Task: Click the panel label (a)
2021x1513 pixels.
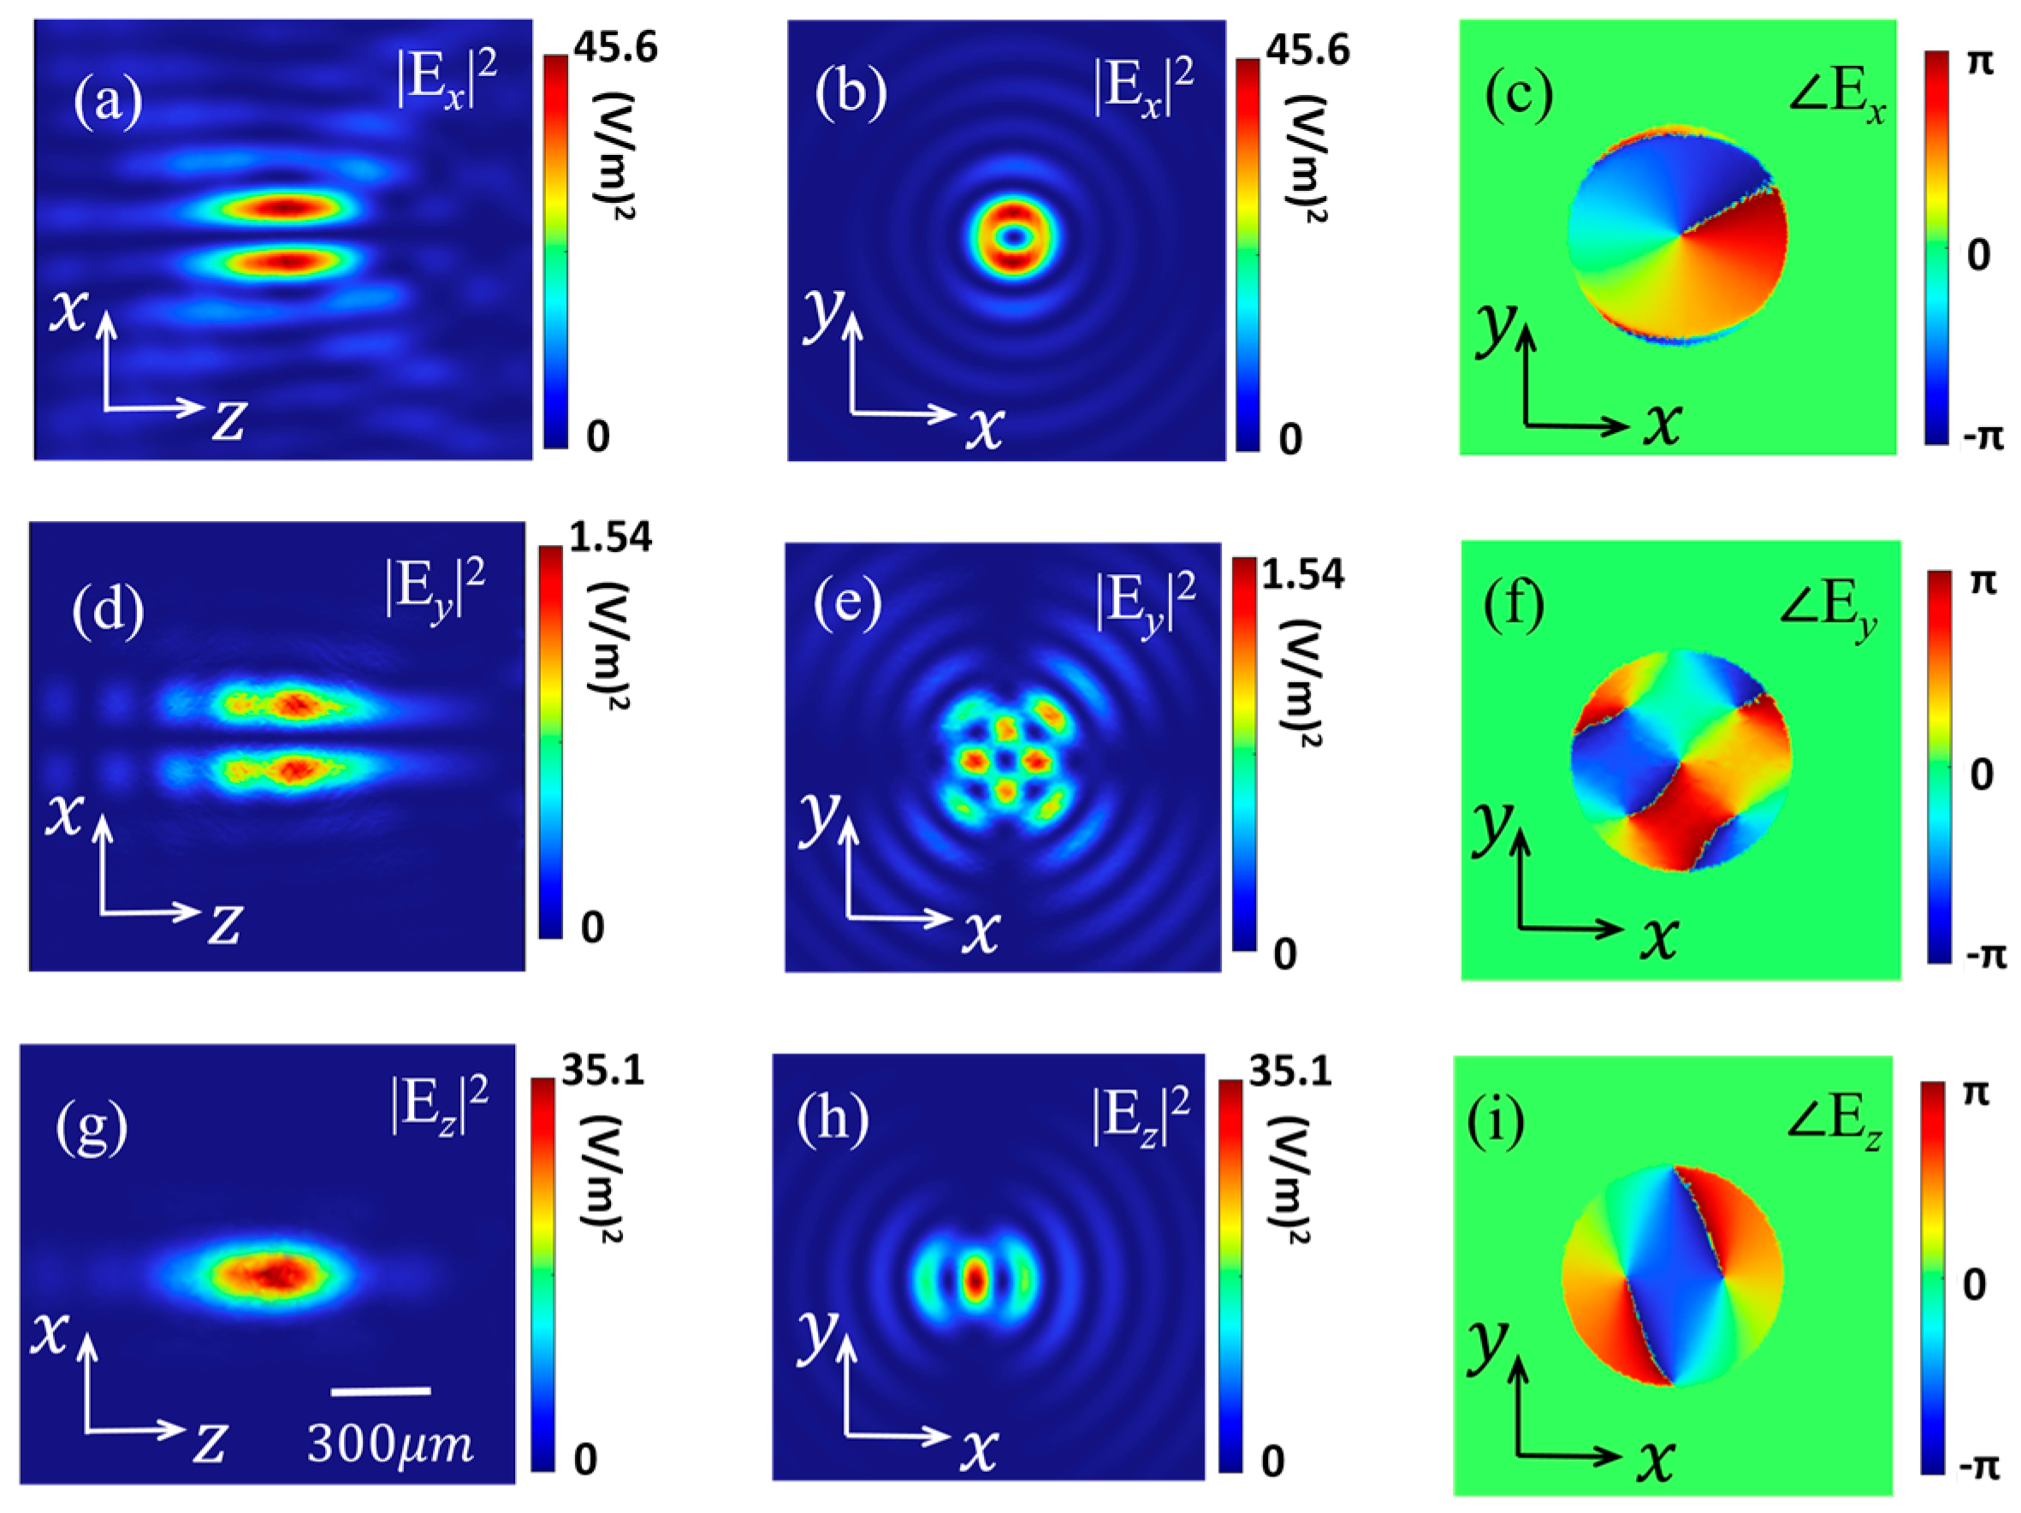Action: (x=108, y=103)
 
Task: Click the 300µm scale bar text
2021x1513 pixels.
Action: (x=390, y=1444)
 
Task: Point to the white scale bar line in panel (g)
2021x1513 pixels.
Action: (x=381, y=1391)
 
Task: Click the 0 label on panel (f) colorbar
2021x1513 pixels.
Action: (x=1980, y=774)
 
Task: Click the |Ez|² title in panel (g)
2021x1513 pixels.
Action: (x=440, y=1106)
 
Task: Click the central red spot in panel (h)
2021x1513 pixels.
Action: (x=975, y=1280)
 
